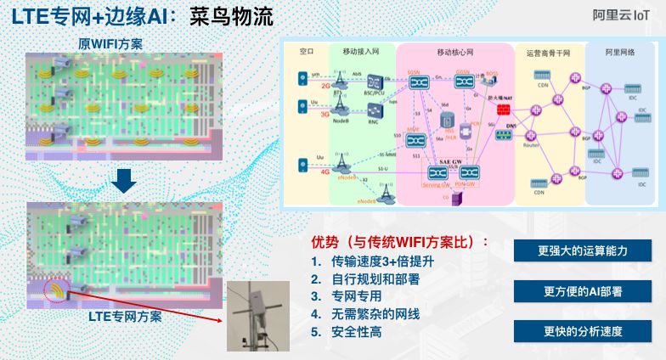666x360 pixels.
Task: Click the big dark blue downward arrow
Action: [124, 181]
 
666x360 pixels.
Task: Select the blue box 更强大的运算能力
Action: [582, 251]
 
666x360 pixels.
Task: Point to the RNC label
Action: [375, 121]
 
